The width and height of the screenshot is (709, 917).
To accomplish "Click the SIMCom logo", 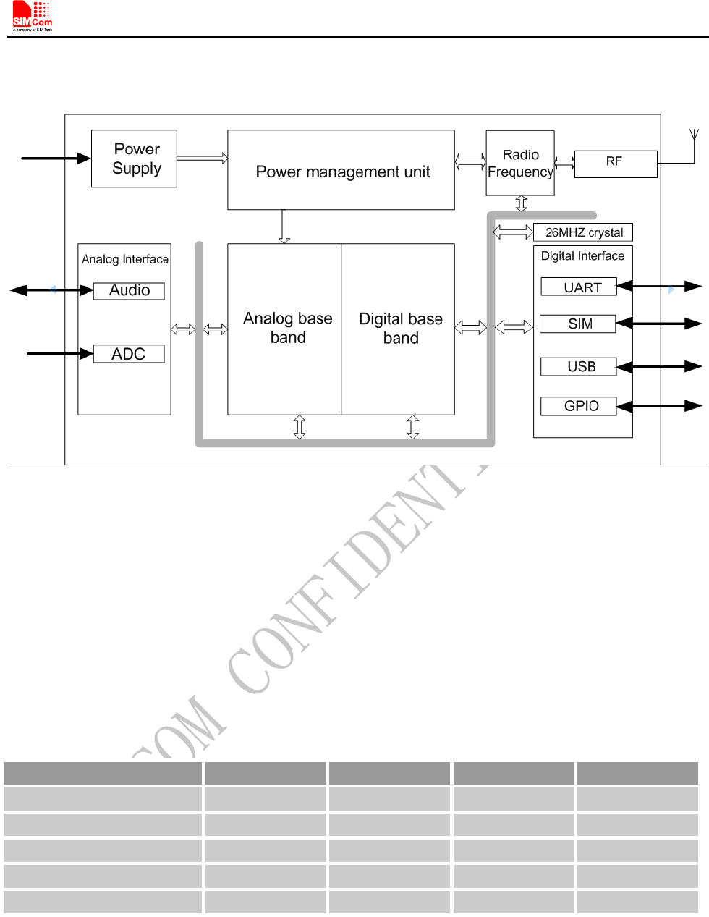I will pyautogui.click(x=33, y=17).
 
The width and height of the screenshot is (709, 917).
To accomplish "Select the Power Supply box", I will pyautogui.click(x=135, y=159).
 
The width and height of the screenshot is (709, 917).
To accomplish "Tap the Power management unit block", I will pyautogui.click(x=341, y=171).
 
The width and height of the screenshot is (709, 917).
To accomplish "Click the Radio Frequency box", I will pyautogui.click(x=520, y=164).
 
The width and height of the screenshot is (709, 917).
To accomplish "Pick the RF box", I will pyautogui.click(x=615, y=163).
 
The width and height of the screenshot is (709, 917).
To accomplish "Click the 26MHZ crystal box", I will pyautogui.click(x=583, y=232).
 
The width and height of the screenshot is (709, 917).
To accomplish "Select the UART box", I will pyautogui.click(x=579, y=287).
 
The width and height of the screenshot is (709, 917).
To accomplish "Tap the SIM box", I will pyautogui.click(x=578, y=324).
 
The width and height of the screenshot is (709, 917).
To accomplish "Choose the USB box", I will pyautogui.click(x=579, y=367).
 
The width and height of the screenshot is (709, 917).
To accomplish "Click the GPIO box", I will pyautogui.click(x=579, y=406).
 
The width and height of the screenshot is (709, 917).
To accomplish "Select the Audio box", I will pyautogui.click(x=130, y=291).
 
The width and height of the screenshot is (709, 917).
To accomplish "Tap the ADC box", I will pyautogui.click(x=129, y=354).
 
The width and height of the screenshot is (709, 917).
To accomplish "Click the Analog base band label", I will pyautogui.click(x=287, y=328).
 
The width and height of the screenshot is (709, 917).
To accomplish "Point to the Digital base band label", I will pyautogui.click(x=400, y=329).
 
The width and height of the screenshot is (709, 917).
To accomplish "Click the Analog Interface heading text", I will pyautogui.click(x=125, y=259).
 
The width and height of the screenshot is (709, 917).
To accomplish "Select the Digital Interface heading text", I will pyautogui.click(x=582, y=256).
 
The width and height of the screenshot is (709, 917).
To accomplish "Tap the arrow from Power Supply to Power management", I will pyautogui.click(x=202, y=158).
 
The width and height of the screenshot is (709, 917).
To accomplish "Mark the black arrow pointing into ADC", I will pyautogui.click(x=60, y=353).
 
